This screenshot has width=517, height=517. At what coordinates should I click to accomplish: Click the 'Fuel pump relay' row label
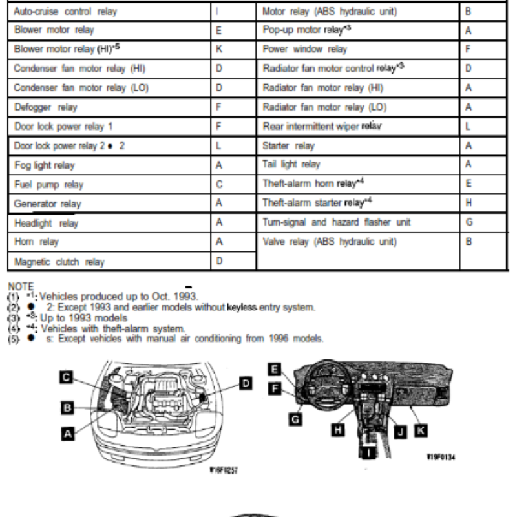[49, 185]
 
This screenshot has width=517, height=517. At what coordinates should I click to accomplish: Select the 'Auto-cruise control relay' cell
[66, 12]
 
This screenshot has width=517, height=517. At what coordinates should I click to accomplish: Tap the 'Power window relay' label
[305, 49]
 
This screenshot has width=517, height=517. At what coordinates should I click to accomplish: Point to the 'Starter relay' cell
[289, 146]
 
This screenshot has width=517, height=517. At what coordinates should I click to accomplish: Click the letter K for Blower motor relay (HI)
[219, 49]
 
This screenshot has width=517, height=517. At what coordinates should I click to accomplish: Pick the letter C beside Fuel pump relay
[219, 185]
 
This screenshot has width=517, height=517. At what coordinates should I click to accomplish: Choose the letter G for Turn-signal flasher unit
[469, 222]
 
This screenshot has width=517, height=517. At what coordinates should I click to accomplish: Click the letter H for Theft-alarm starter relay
[469, 203]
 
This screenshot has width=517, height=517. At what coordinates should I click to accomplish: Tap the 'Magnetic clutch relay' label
[59, 262]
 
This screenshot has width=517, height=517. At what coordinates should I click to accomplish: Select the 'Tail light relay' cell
[291, 165]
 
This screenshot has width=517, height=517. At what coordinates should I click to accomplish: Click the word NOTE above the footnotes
[20, 286]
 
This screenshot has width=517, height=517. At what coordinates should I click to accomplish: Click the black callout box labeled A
[67, 434]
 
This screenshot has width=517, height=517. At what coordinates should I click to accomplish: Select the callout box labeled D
[246, 384]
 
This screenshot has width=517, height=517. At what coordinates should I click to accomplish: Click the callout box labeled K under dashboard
[421, 428]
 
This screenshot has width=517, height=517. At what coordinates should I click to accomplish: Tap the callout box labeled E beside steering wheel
[274, 369]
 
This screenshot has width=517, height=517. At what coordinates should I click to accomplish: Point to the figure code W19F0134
[441, 457]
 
